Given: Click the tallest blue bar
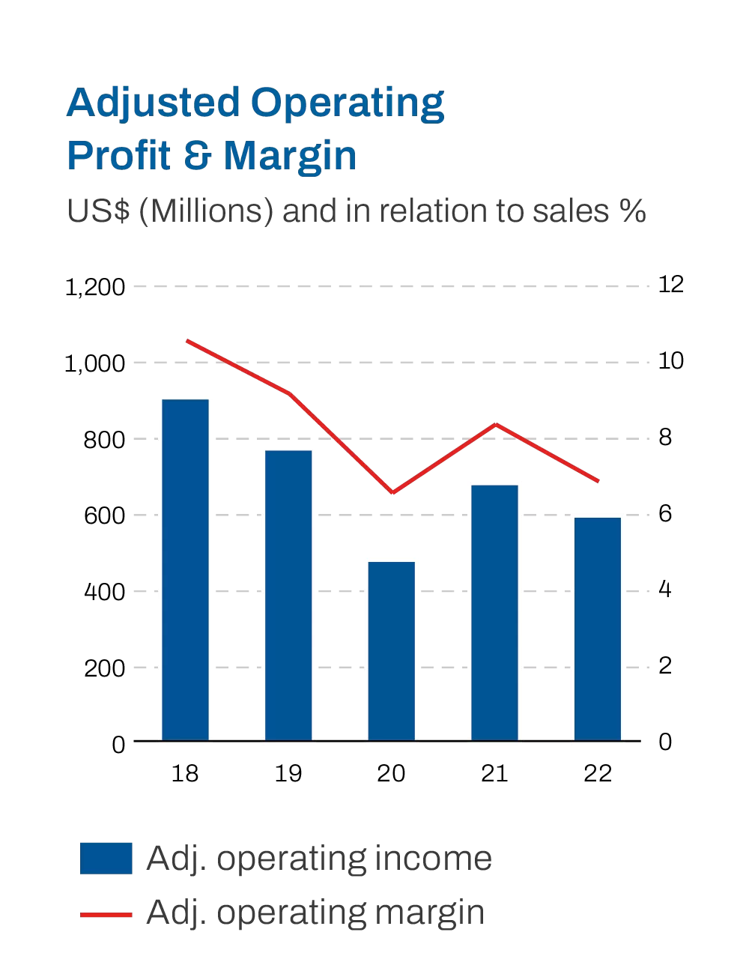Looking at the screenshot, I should pyautogui.click(x=185, y=569).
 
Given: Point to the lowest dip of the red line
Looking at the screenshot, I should pyautogui.click(x=392, y=492).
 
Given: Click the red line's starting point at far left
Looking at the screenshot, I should pyautogui.click(x=187, y=341).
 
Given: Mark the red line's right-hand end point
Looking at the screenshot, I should pyautogui.click(x=598, y=481).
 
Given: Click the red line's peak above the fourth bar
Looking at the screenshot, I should pyautogui.click(x=495, y=425).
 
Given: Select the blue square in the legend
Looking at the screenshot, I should pyautogui.click(x=106, y=859).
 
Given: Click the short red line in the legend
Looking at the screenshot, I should pyautogui.click(x=106, y=915).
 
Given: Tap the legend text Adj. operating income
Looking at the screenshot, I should pyautogui.click(x=319, y=859).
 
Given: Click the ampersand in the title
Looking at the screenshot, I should pyautogui.click(x=198, y=156).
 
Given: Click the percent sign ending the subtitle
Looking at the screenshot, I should pyautogui.click(x=633, y=211).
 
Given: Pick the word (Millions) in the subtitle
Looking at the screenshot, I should pyautogui.click(x=206, y=211).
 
